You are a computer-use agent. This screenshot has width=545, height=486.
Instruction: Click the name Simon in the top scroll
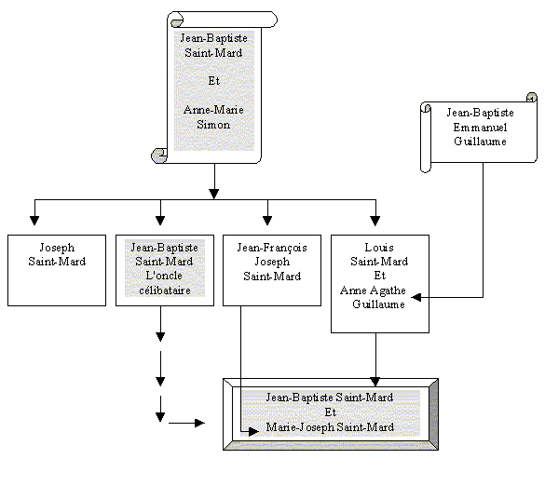(213, 125)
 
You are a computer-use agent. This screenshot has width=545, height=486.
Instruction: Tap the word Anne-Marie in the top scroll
(213, 110)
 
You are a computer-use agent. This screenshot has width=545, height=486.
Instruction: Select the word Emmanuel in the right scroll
(480, 128)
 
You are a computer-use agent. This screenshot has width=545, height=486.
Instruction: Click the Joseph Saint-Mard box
(57, 270)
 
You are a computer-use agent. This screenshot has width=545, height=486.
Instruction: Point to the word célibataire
(165, 290)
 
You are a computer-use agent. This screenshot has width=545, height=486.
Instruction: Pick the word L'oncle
(164, 276)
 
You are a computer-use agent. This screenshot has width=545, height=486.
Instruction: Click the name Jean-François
(272, 248)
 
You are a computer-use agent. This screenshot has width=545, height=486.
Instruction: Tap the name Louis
(379, 248)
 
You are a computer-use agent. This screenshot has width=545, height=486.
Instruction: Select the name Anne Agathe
(373, 290)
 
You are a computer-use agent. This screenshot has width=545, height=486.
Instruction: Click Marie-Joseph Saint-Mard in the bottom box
(330, 427)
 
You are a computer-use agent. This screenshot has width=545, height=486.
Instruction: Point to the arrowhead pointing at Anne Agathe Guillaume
(416, 297)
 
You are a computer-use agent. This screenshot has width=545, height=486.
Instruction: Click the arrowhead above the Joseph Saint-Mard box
(34, 221)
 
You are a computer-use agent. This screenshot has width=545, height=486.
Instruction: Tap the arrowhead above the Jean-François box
(267, 221)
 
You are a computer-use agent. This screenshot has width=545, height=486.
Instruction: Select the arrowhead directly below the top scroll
(214, 193)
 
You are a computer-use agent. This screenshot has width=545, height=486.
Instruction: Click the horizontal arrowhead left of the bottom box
(199, 423)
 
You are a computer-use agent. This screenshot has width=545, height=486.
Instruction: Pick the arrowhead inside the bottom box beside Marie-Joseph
(253, 432)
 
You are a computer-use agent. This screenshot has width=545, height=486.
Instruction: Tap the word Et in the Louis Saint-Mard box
(379, 276)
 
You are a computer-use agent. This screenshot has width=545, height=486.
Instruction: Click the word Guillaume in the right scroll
(480, 142)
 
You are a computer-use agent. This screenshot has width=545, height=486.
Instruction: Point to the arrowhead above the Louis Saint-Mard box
(375, 221)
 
